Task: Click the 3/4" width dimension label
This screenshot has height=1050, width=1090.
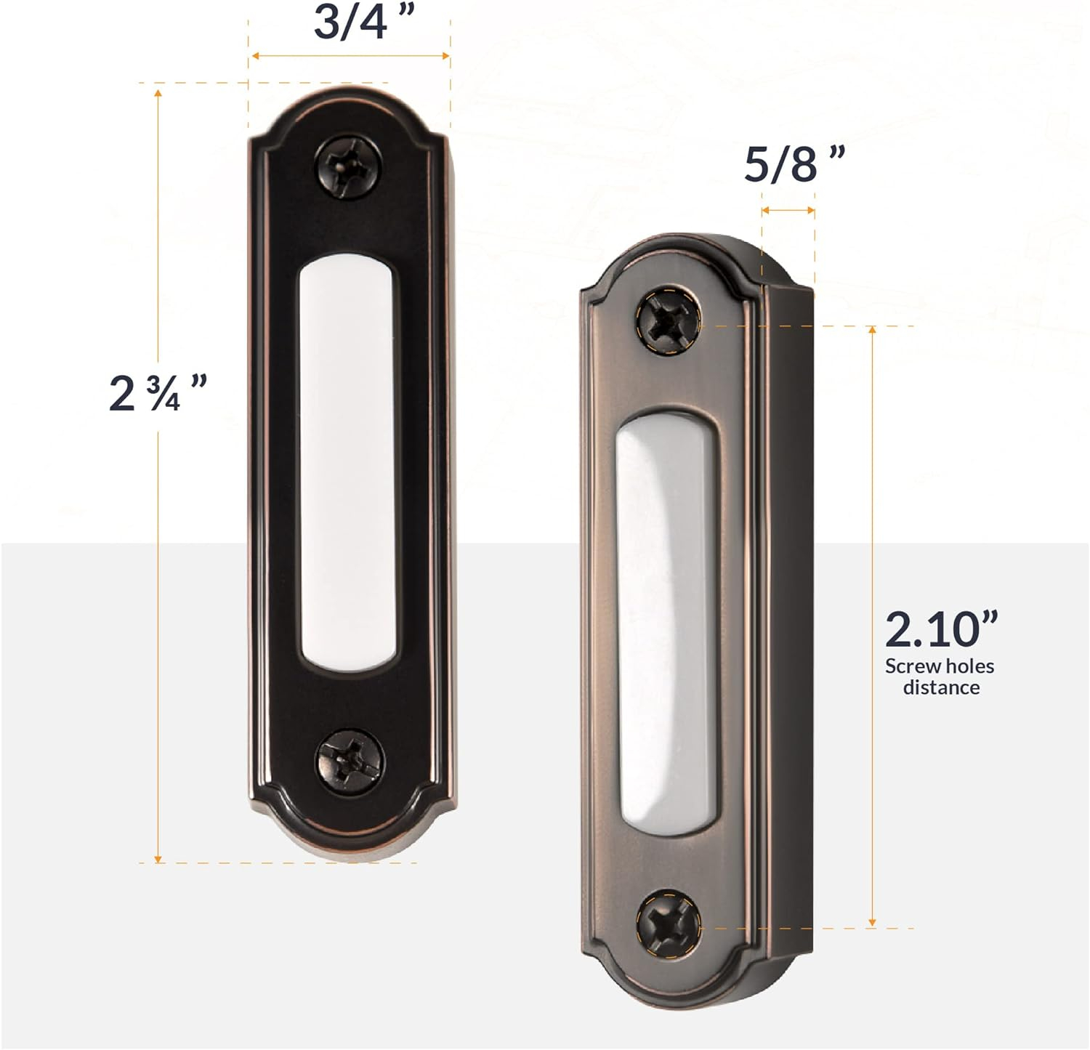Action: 359,22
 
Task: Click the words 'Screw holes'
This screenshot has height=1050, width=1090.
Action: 939,666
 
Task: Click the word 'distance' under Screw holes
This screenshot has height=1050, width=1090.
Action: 941,687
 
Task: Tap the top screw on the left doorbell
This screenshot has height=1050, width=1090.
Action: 349,166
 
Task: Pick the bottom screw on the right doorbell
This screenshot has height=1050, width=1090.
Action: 668,923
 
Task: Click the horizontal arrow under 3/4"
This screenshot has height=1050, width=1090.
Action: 350,56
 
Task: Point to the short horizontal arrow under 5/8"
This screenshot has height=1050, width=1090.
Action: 788,211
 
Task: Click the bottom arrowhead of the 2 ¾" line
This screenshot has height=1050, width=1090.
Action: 158,857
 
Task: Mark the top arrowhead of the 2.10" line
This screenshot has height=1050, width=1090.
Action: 873,331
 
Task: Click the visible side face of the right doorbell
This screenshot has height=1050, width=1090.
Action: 788,618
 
